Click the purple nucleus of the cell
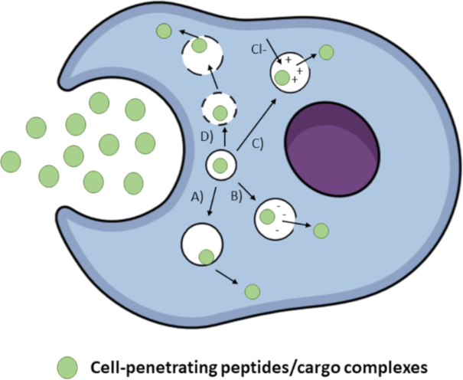[332, 149]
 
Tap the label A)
[197, 197]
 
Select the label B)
[236, 196]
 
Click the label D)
[207, 137]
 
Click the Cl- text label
[259, 50]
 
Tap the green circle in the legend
[67, 368]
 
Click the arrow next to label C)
[256, 124]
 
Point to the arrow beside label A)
[212, 201]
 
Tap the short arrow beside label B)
[247, 192]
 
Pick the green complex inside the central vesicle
[220, 165]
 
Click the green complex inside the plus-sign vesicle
[282, 77]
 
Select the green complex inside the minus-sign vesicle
[267, 217]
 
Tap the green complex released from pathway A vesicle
[253, 292]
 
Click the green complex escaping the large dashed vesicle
[164, 31]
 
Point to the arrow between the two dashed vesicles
[214, 77]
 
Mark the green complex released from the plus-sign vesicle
[326, 52]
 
